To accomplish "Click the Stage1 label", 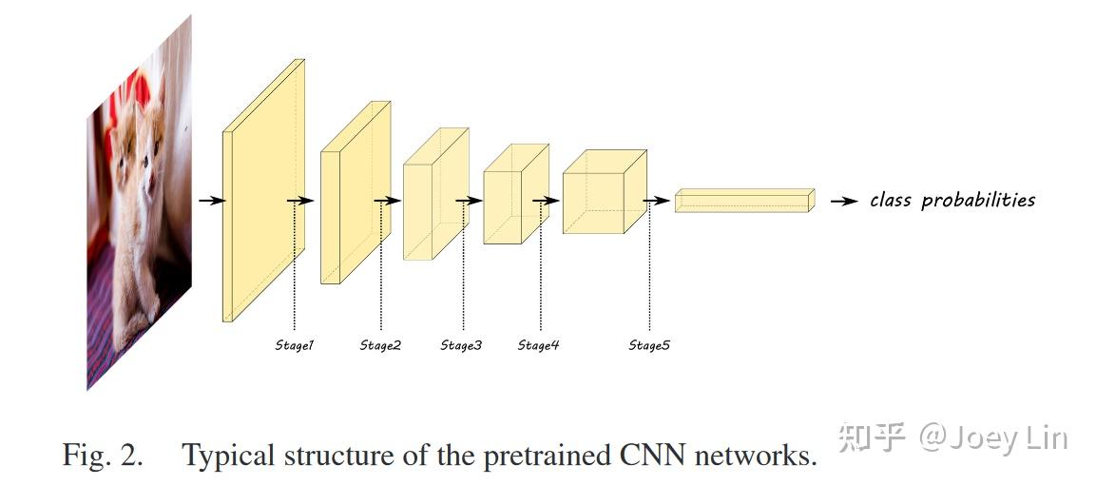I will coord(294,345).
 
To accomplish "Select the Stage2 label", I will coord(380,345).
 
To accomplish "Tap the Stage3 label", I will coord(461,345).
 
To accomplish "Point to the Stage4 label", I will coord(538,345).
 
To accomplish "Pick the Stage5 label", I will coord(649,345).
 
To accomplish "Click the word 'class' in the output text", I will coord(891,200).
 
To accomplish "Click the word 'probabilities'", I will coord(978,201).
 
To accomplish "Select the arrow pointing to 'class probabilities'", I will coord(842,201).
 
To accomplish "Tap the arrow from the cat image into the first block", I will coord(211,201).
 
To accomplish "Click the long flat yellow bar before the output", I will coord(743,201).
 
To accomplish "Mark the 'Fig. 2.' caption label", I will coord(104,456).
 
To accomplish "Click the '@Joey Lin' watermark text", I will coord(993,437).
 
